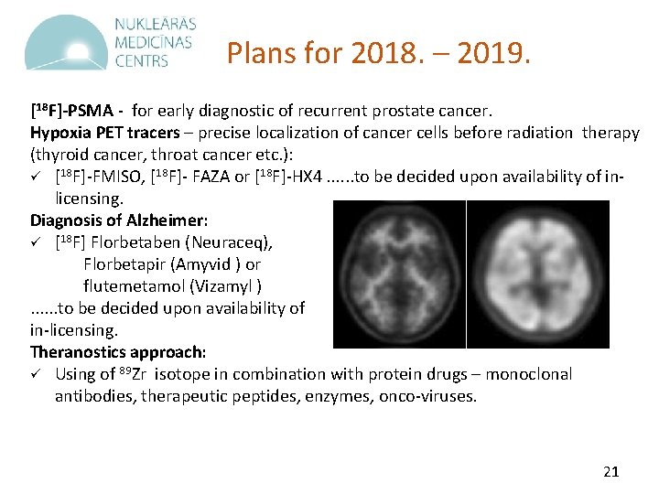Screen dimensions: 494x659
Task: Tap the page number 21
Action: (x=611, y=472)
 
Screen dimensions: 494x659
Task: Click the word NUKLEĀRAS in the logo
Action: (x=156, y=25)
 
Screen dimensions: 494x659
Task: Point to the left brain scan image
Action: (x=399, y=274)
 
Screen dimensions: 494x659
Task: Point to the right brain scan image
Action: (x=538, y=274)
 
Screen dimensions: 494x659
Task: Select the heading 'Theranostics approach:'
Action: (x=118, y=351)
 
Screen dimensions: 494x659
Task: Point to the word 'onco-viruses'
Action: (x=432, y=396)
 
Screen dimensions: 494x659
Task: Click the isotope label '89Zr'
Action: (x=134, y=373)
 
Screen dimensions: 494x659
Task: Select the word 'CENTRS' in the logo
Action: (x=142, y=61)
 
